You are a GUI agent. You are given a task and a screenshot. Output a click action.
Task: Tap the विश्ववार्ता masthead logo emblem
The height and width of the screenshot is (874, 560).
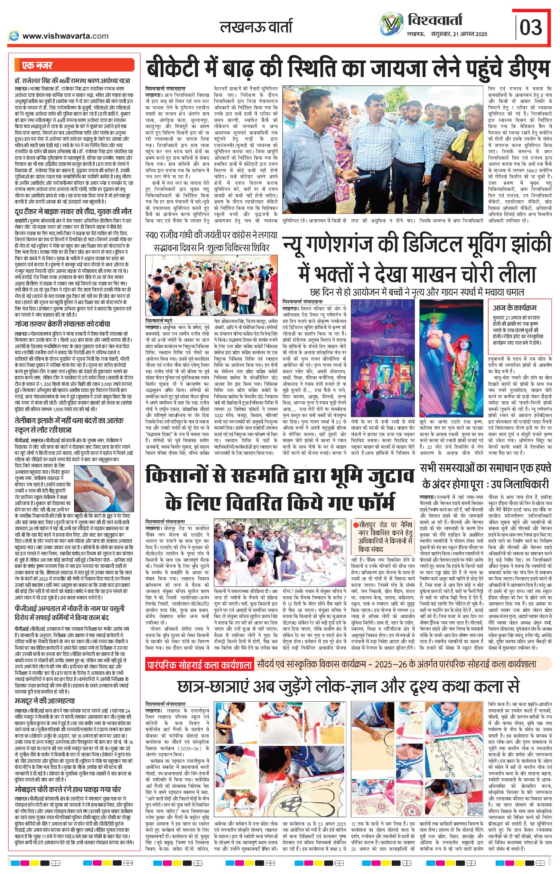point(392,23)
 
